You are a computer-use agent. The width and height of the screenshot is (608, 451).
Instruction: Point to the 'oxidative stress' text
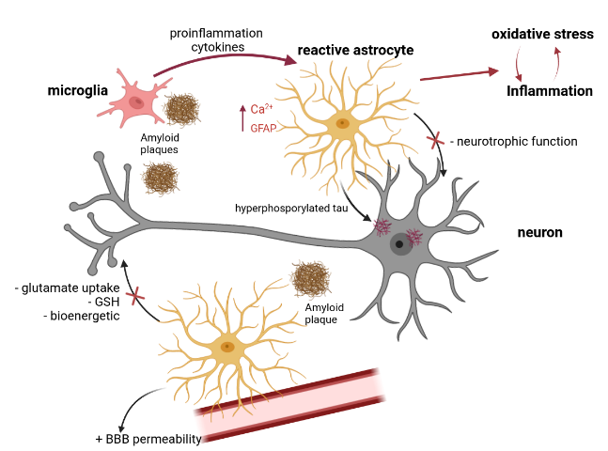542,34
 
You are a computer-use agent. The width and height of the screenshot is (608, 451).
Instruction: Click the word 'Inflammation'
549,91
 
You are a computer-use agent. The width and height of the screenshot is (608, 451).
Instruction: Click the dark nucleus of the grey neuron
399,244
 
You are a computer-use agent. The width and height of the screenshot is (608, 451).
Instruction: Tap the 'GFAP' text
264,128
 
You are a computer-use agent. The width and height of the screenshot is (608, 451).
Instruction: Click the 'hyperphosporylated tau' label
292,209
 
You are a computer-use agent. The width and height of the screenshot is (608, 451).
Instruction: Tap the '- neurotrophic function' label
513,142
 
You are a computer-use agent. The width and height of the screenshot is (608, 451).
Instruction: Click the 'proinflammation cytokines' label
216,40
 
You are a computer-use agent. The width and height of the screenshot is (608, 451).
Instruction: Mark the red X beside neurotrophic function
437,142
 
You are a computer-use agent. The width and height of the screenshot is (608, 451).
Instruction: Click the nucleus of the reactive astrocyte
343,122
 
